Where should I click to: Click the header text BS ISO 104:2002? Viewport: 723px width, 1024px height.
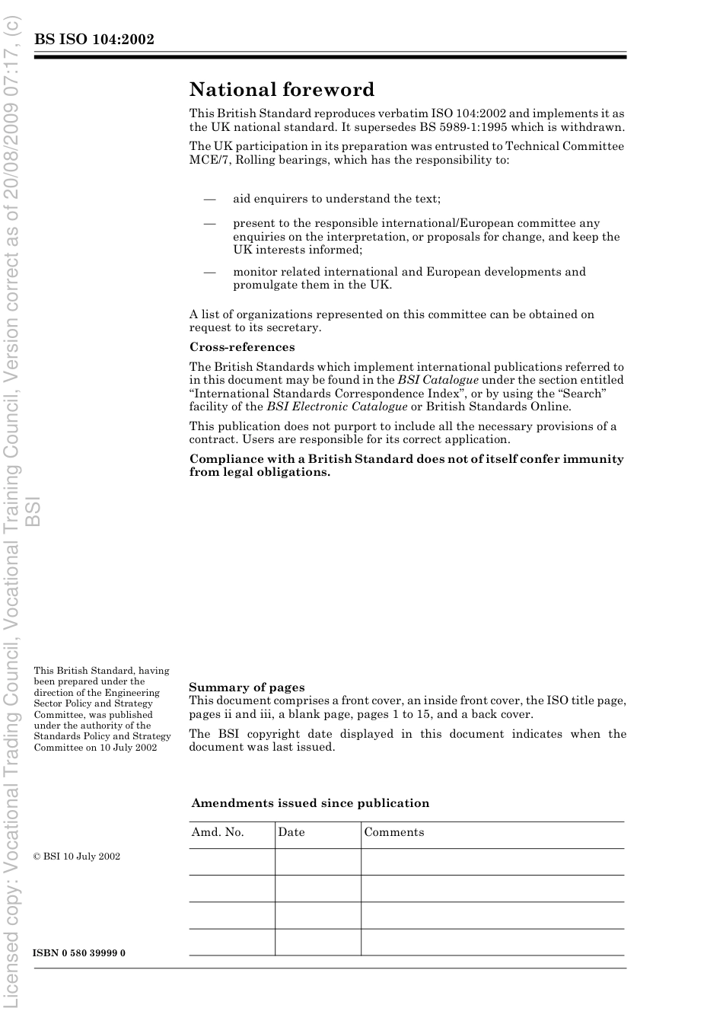pyautogui.click(x=94, y=40)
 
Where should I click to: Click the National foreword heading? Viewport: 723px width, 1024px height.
pyautogui.click(x=282, y=90)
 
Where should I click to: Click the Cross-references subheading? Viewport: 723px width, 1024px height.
pyautogui.click(x=242, y=347)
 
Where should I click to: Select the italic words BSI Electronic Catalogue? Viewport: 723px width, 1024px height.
pyautogui.click(x=336, y=407)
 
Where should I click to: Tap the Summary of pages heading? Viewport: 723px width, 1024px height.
pyautogui.click(x=247, y=687)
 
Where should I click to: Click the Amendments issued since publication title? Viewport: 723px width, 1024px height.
pyautogui.click(x=310, y=803)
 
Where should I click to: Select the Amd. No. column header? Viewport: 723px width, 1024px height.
pyautogui.click(x=218, y=832)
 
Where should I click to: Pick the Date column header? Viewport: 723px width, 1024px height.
pyautogui.click(x=291, y=832)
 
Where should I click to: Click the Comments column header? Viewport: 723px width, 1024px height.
pyautogui.click(x=393, y=832)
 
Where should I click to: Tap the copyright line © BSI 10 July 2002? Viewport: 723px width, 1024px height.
pyautogui.click(x=77, y=857)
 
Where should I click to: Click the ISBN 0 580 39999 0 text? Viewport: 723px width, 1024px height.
pyautogui.click(x=79, y=953)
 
